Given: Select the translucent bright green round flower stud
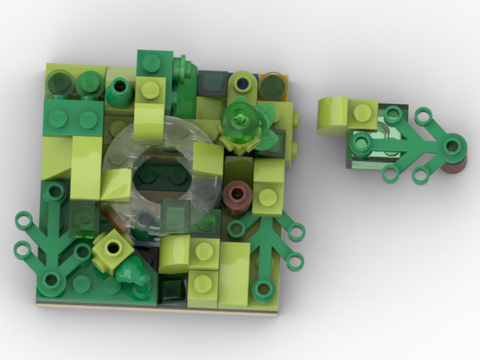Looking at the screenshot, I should click(x=239, y=119).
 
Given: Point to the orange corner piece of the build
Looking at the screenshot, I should click(x=284, y=78).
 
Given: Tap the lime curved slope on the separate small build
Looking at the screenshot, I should click(x=332, y=115).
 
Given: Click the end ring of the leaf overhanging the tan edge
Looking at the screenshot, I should click(x=263, y=289).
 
